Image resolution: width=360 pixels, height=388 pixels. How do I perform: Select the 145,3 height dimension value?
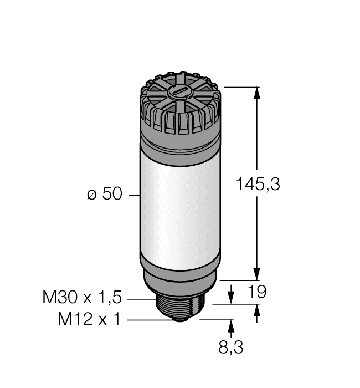(258, 183)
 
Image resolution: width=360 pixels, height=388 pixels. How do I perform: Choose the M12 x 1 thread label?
(89, 320)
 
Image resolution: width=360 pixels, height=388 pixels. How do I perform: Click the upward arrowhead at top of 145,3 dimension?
(256, 94)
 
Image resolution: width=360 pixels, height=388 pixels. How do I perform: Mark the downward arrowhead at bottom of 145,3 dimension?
(256, 274)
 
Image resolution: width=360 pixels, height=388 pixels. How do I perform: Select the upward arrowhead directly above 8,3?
(231, 325)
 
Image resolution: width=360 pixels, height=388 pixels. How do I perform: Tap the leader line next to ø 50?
(133, 195)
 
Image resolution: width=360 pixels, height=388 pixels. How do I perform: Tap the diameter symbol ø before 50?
(92, 195)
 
